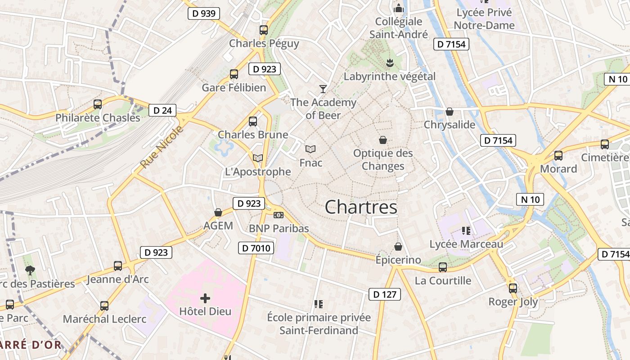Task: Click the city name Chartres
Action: pyautogui.click(x=361, y=207)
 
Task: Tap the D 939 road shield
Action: pyautogui.click(x=203, y=13)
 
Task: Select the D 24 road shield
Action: pyautogui.click(x=162, y=110)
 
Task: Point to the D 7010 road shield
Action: pyautogui.click(x=256, y=248)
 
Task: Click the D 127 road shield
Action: pyautogui.click(x=385, y=294)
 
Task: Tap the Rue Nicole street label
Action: pyautogui.click(x=162, y=147)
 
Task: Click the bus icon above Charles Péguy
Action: pyautogui.click(x=264, y=30)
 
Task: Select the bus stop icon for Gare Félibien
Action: pyautogui.click(x=234, y=74)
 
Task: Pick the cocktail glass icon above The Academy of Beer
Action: pyautogui.click(x=323, y=89)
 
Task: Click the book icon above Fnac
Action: pyautogui.click(x=310, y=149)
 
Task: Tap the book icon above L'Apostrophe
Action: pyautogui.click(x=258, y=158)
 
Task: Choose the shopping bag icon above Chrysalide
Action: pyautogui.click(x=449, y=112)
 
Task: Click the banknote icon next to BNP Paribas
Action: pyautogui.click(x=279, y=215)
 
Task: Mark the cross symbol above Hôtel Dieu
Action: pyautogui.click(x=205, y=298)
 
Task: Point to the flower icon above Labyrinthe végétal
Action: pyautogui.click(x=390, y=63)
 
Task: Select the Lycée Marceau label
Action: pyautogui.click(x=466, y=244)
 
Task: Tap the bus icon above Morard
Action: pyautogui.click(x=558, y=156)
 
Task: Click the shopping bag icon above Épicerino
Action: pyautogui.click(x=398, y=247)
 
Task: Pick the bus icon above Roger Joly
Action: pyautogui.click(x=513, y=288)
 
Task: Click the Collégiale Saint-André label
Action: pyautogui.click(x=399, y=28)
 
